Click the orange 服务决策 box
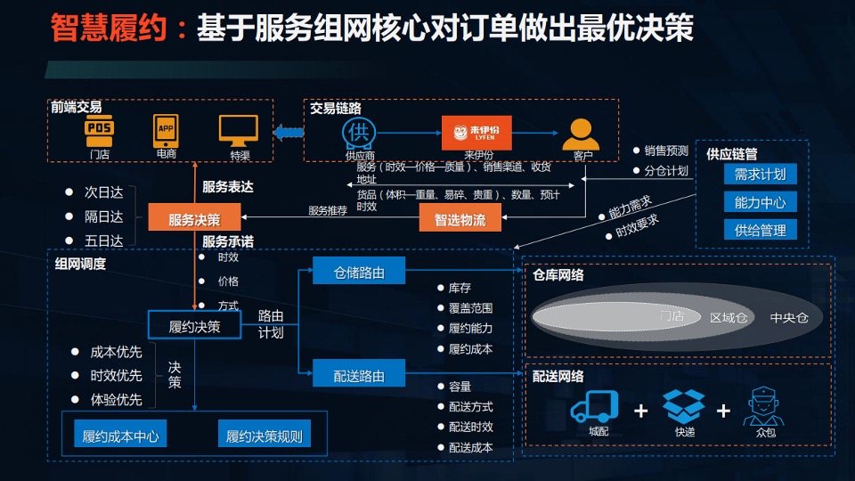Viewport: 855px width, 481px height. tap(194, 217)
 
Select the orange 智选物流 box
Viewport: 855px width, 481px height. tap(460, 218)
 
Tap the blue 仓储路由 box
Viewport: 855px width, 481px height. tap(359, 273)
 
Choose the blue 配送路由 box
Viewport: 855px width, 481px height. tap(359, 375)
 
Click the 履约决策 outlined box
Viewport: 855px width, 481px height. tap(194, 327)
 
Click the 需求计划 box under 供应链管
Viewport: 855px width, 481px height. tap(760, 174)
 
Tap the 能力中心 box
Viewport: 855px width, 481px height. tap(760, 201)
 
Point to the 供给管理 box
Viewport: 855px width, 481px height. tap(760, 230)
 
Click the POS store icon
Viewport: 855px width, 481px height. tap(99, 130)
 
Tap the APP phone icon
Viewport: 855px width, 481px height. tap(166, 130)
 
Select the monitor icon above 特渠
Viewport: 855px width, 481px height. tap(239, 131)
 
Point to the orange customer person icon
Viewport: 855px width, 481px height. tap(582, 134)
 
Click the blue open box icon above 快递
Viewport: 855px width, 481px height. tap(683, 405)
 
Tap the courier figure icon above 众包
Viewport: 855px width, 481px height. tap(764, 407)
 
